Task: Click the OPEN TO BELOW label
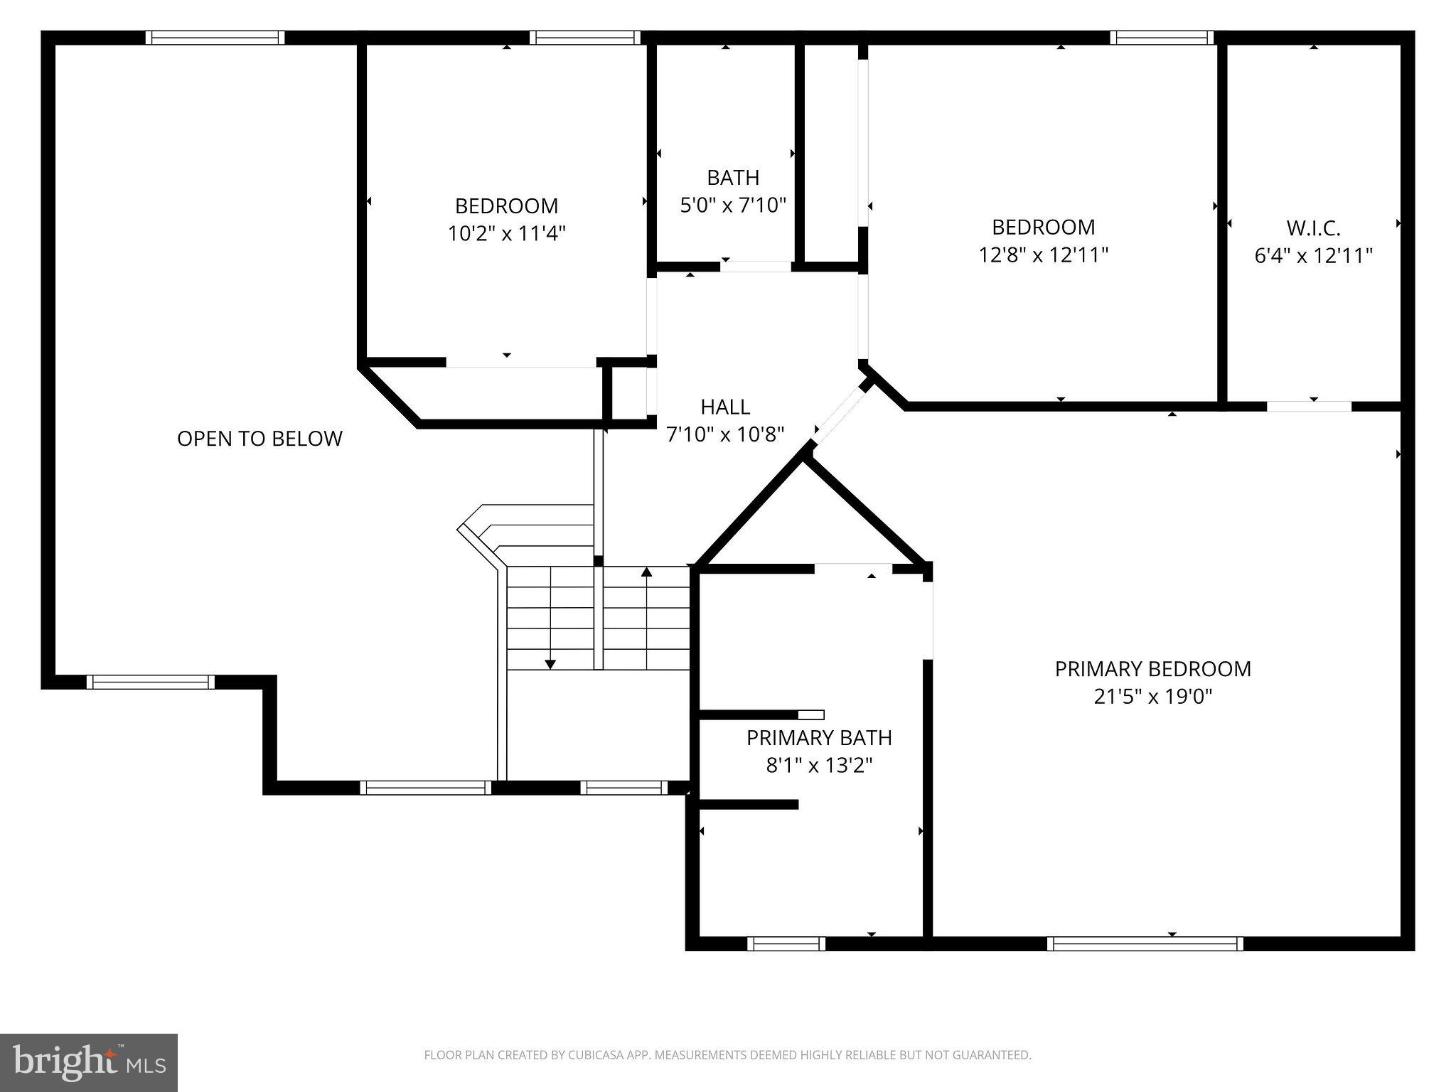[259, 439]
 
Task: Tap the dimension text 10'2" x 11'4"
[506, 233]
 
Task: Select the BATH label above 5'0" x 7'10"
[733, 177]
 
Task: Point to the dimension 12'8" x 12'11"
[1043, 255]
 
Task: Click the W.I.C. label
[1313, 228]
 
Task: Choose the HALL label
[725, 407]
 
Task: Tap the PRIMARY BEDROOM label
[1152, 669]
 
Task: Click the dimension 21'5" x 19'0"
[1152, 696]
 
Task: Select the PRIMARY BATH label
[819, 738]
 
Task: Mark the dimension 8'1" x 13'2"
[819, 765]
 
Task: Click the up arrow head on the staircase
[646, 572]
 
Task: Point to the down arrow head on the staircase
[550, 665]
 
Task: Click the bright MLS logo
[89, 1062]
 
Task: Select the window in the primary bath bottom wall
[786, 943]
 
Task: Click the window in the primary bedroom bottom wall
[1145, 943]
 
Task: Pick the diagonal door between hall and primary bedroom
[840, 417]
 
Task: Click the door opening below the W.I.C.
[1309, 407]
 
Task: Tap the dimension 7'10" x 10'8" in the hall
[725, 434]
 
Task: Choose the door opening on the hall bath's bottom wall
[756, 267]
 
